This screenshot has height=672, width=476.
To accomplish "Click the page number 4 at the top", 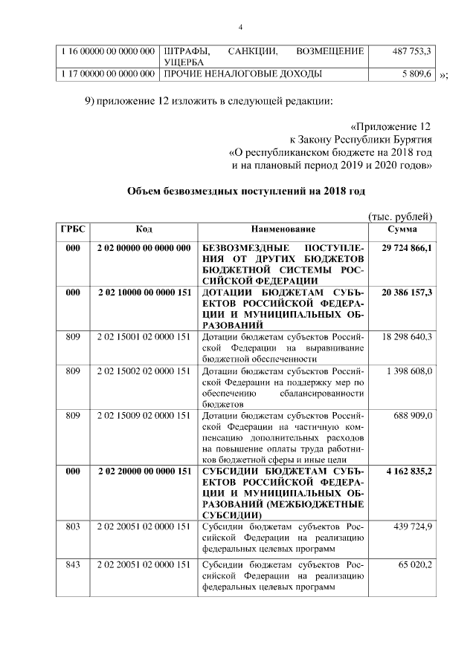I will click(239, 27).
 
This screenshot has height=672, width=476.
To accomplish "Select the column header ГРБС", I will click(72, 229).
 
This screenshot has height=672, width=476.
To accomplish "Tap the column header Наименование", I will click(283, 229).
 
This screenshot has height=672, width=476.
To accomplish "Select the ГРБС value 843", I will click(72, 566).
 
